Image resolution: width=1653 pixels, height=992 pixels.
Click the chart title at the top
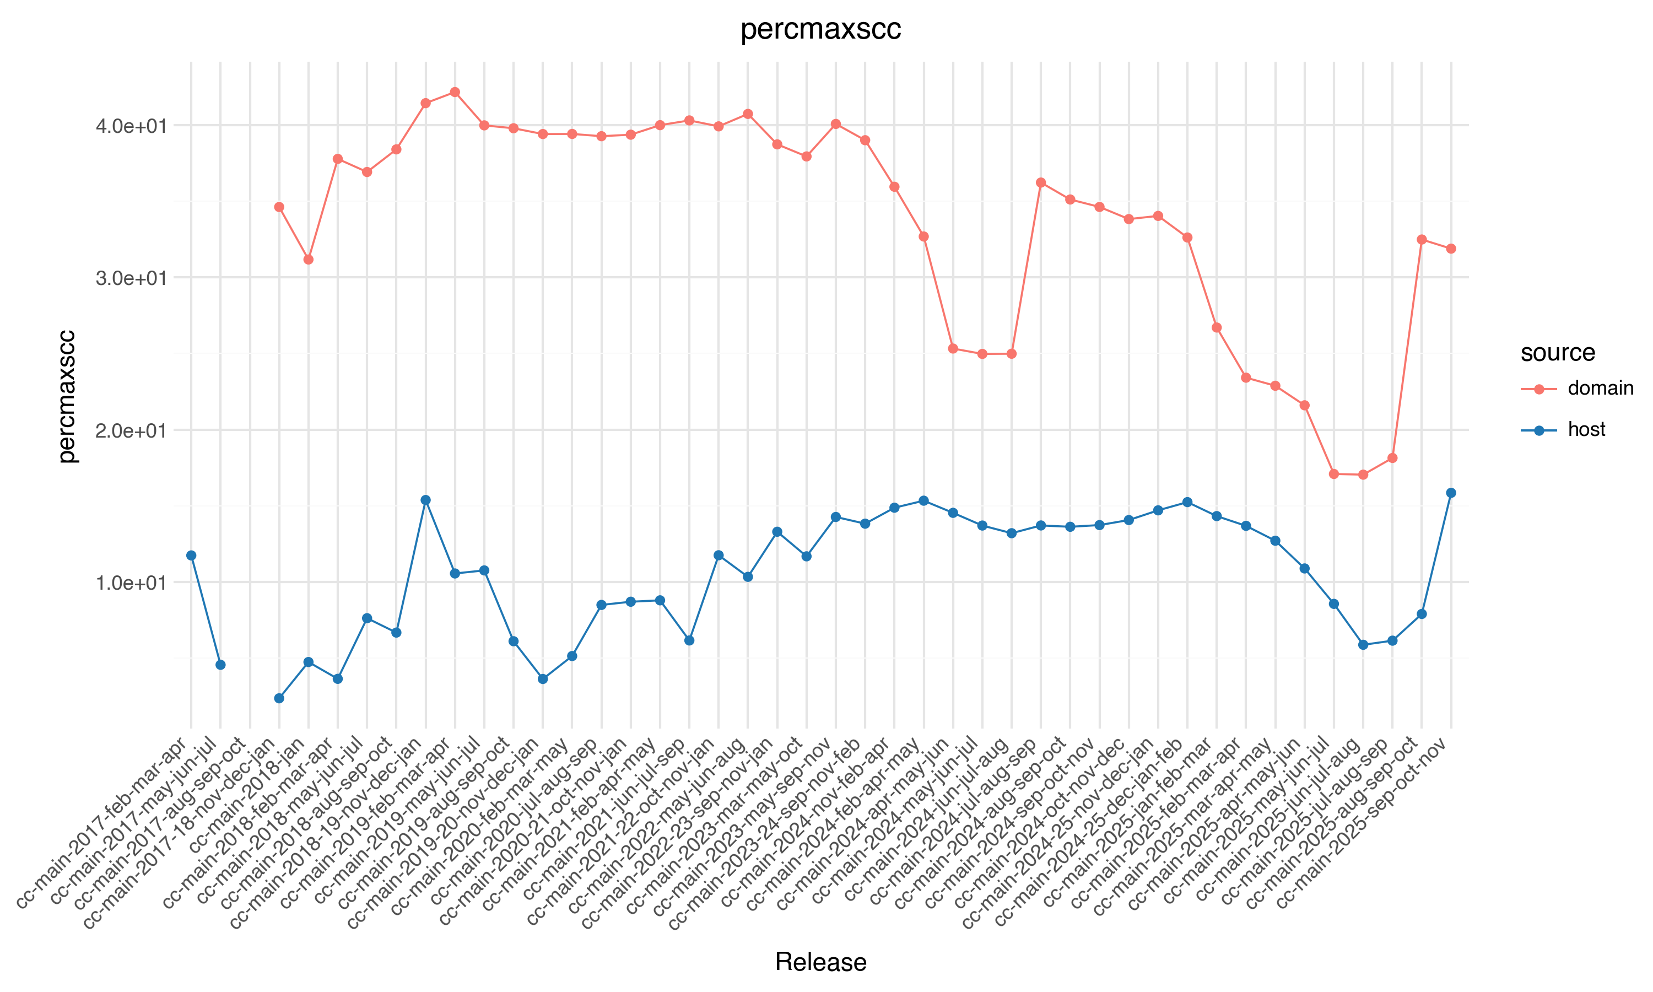[820, 29]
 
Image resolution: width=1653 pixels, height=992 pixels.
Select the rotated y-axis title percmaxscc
[67, 396]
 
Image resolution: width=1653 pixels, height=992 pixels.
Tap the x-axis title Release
[820, 962]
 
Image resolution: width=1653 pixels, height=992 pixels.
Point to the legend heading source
[1558, 352]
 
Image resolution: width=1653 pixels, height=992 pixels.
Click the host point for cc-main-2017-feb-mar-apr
[191, 556]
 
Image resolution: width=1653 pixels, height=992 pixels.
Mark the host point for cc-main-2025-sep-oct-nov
[1451, 493]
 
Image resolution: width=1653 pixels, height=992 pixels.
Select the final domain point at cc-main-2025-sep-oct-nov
[1451, 249]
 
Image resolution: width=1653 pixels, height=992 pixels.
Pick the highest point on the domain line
[455, 92]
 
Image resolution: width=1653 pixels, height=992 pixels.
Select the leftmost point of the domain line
[279, 207]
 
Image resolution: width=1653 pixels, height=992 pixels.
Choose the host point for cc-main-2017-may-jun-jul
[220, 665]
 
